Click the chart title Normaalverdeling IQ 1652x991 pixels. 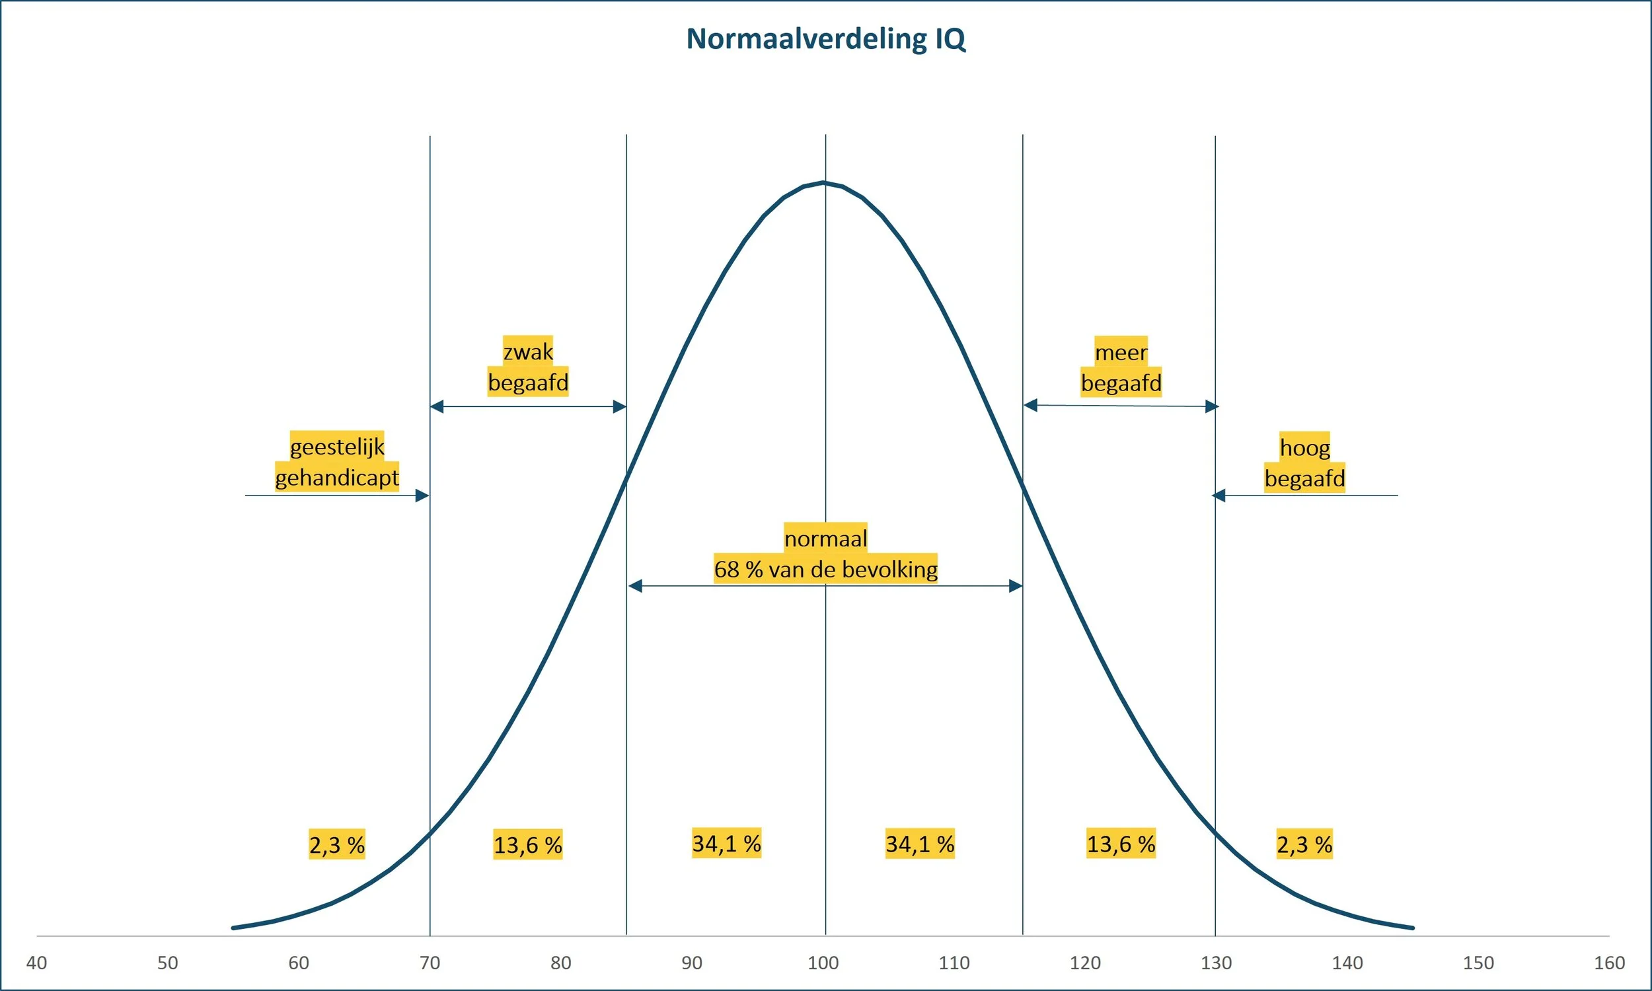pyautogui.click(x=826, y=39)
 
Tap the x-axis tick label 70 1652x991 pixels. pyautogui.click(x=430, y=963)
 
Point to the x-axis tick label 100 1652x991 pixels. pyautogui.click(x=823, y=963)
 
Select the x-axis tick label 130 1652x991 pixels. pyautogui.click(x=1216, y=963)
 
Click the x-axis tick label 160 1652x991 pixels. pyautogui.click(x=1609, y=963)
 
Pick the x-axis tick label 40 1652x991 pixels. pyautogui.click(x=37, y=963)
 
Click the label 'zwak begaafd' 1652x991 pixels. pyautogui.click(x=527, y=367)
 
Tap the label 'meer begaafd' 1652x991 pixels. pyautogui.click(x=1121, y=367)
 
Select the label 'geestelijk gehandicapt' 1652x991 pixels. pyautogui.click(x=336, y=461)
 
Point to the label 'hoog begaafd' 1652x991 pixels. pyautogui.click(x=1304, y=462)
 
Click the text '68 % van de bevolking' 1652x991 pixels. pyautogui.click(x=825, y=569)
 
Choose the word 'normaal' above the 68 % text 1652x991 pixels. pyautogui.click(x=825, y=538)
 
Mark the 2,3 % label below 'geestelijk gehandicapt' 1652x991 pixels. pyautogui.click(x=336, y=845)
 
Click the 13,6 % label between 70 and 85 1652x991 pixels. pyautogui.click(x=527, y=845)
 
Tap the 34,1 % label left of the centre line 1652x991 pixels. pyautogui.click(x=726, y=844)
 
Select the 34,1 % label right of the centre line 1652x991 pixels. pyautogui.click(x=919, y=844)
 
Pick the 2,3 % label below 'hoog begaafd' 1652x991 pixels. pyautogui.click(x=1304, y=845)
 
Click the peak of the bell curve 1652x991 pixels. pyautogui.click(x=824, y=182)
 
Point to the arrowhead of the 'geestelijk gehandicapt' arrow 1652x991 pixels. pyautogui.click(x=422, y=495)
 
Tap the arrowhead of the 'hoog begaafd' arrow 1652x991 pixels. pyautogui.click(x=1219, y=495)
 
